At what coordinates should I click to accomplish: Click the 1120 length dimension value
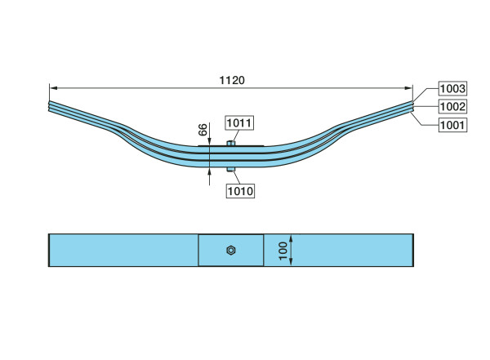point(232,80)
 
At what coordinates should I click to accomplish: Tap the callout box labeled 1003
point(452,89)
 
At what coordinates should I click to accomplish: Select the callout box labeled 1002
point(452,107)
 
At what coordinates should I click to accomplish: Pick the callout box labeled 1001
point(452,125)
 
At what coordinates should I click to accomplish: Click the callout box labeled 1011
point(239,122)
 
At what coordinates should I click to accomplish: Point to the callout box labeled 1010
point(240,191)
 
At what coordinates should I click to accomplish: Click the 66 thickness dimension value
point(203,130)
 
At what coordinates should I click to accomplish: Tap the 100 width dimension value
point(283,251)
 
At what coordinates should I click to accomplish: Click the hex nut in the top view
point(231,251)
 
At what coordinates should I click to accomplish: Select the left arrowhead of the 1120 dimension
point(53,88)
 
